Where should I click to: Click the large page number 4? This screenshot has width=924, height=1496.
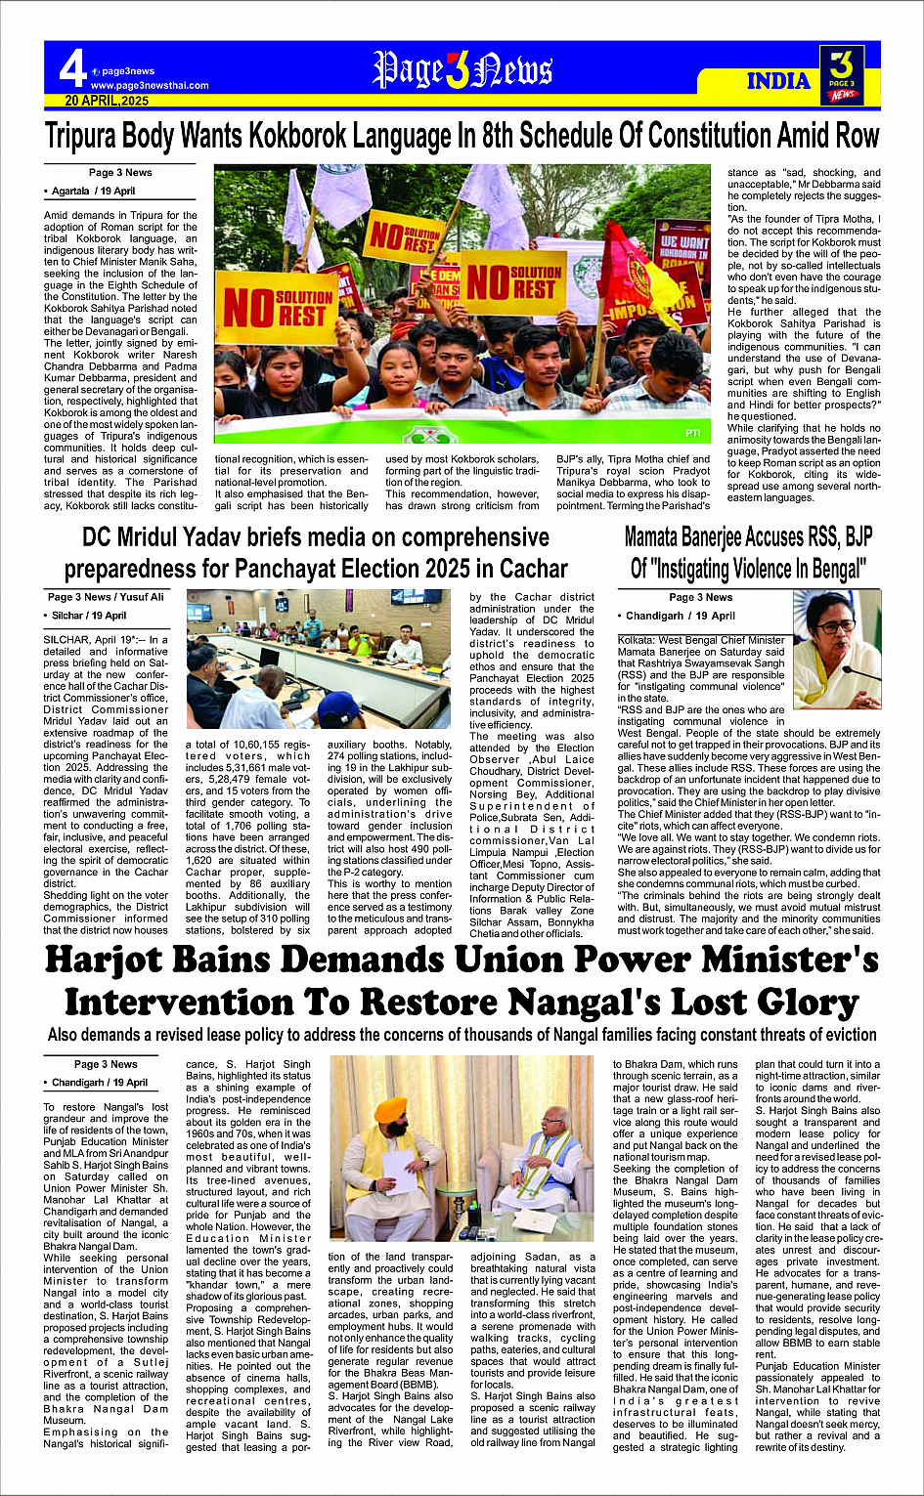coord(72,68)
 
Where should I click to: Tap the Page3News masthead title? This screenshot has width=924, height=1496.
coord(462,70)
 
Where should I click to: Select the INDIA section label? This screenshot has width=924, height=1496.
coord(778,81)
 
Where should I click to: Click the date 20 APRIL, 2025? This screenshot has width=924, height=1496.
coord(107,101)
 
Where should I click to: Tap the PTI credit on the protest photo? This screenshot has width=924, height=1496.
coord(692,432)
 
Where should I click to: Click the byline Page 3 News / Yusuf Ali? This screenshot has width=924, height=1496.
coord(106,597)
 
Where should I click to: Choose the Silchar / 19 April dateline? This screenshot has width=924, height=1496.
coord(88,616)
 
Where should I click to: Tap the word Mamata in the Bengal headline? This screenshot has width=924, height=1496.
coord(665,537)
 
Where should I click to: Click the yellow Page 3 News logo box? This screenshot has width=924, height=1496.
coord(841,72)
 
